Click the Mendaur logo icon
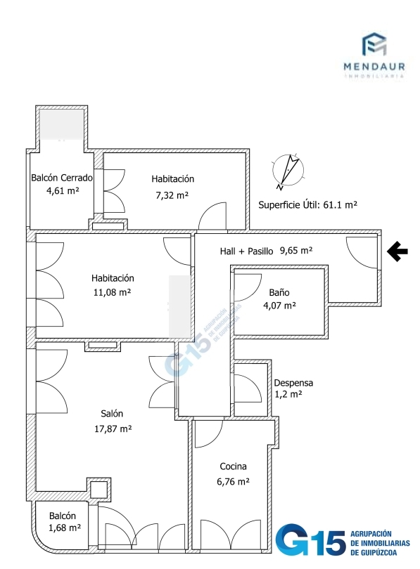[x=374, y=44]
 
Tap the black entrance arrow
[x=397, y=251]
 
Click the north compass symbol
[x=288, y=170]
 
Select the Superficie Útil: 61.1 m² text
[x=307, y=205]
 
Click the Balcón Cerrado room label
[x=62, y=178]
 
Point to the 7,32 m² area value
[x=172, y=195]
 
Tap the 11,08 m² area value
[x=112, y=292]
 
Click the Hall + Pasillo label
[x=246, y=251]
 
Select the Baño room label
[x=279, y=292]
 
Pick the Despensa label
[x=293, y=383]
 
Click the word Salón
[x=112, y=414]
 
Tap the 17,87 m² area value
[x=113, y=429]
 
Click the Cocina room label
[x=233, y=466]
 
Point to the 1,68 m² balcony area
[x=65, y=528]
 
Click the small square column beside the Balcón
[x=98, y=489]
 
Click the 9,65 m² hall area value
[x=296, y=250]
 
